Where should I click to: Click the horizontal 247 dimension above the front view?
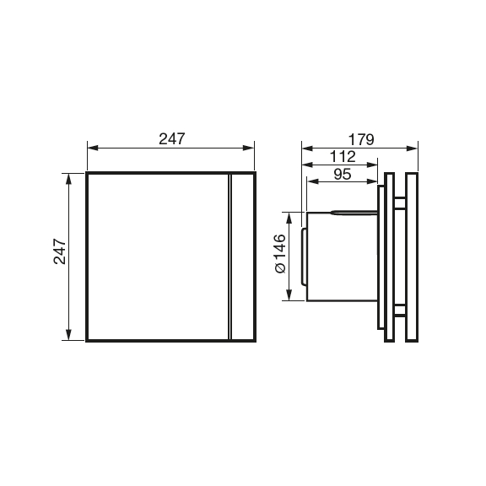171,138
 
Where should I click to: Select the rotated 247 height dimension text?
60,252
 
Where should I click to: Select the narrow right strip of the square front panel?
242,256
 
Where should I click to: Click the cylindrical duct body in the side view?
337,256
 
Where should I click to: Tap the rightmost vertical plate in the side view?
412,256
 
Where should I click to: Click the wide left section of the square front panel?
157,256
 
